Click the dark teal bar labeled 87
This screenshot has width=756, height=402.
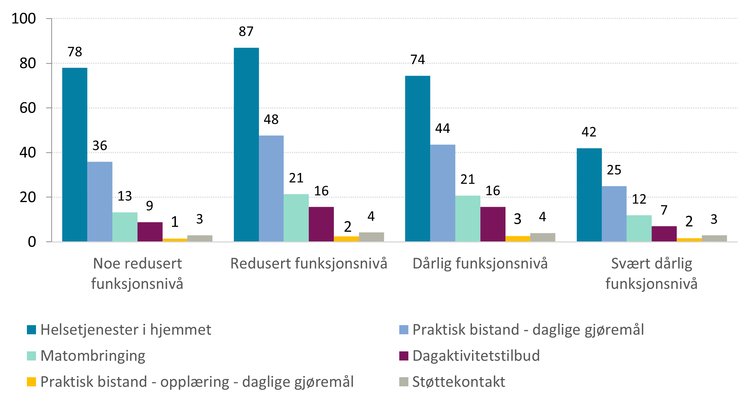(x=246, y=145)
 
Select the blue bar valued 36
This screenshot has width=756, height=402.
(x=100, y=201)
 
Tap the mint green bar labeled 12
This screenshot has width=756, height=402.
(x=639, y=228)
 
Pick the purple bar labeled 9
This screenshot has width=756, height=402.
(x=150, y=232)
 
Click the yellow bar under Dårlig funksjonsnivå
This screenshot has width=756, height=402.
(x=517, y=239)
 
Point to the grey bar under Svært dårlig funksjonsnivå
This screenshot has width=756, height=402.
(x=714, y=239)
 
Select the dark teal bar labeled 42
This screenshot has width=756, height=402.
(x=589, y=195)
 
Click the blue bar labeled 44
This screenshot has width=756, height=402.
(x=443, y=193)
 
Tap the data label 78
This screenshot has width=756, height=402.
(x=75, y=52)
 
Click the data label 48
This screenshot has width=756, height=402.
(x=271, y=119)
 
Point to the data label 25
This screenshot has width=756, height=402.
(x=614, y=170)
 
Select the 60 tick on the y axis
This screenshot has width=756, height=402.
(x=28, y=108)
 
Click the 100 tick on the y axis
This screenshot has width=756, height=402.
(x=24, y=19)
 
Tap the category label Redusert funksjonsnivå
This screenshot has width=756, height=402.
(x=309, y=264)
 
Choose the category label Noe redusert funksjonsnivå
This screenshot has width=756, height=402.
(x=137, y=273)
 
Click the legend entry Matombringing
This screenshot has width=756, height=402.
(x=93, y=356)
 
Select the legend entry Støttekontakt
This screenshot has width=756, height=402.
(x=459, y=382)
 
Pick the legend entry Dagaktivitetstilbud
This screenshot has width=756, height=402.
(x=476, y=356)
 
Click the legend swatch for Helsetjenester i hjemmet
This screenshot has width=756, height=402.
(x=32, y=330)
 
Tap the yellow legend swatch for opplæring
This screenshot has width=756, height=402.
(x=32, y=382)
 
